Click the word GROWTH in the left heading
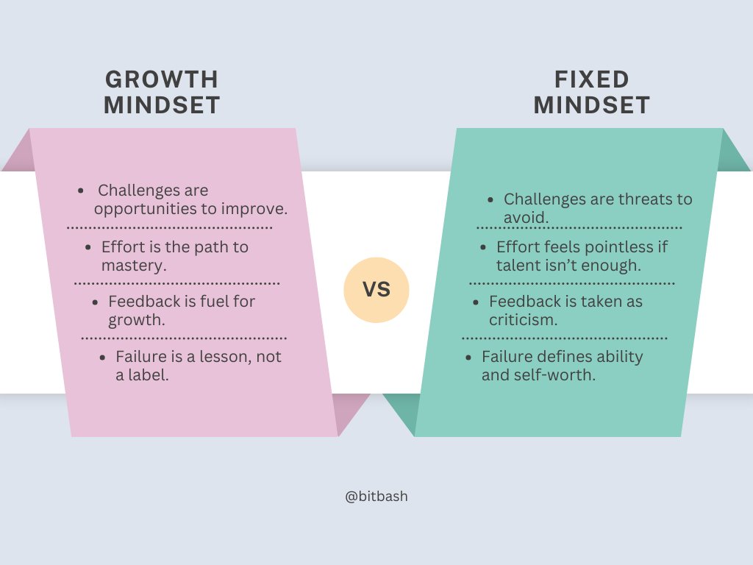tap(162, 79)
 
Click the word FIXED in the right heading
tap(592, 79)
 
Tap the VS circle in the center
tap(376, 290)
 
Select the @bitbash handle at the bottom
tap(376, 497)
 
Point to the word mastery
tap(133, 266)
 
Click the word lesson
tap(223, 357)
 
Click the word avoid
tap(526, 218)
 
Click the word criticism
tap(523, 320)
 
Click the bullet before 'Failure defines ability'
tap(469, 357)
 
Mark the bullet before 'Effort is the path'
tap(88, 247)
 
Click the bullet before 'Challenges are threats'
tap(490, 199)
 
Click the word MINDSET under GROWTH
tap(162, 105)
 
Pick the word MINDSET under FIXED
tap(592, 105)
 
